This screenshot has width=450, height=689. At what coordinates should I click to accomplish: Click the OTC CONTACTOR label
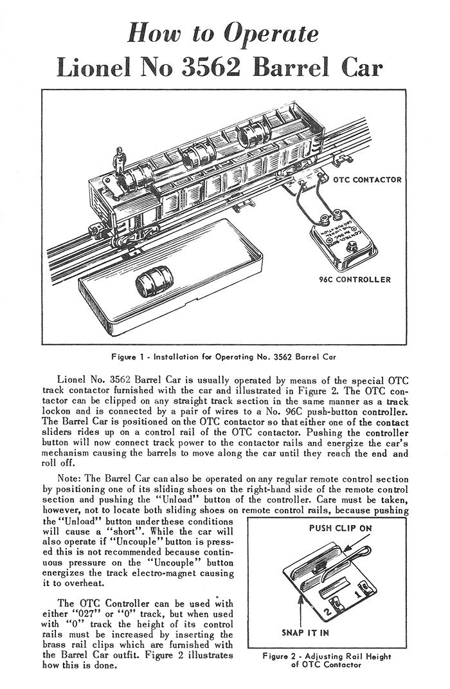367,179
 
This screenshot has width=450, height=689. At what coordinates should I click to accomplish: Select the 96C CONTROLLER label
355,280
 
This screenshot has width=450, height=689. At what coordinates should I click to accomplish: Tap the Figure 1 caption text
224,355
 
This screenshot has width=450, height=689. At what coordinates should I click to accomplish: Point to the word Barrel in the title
305,67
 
